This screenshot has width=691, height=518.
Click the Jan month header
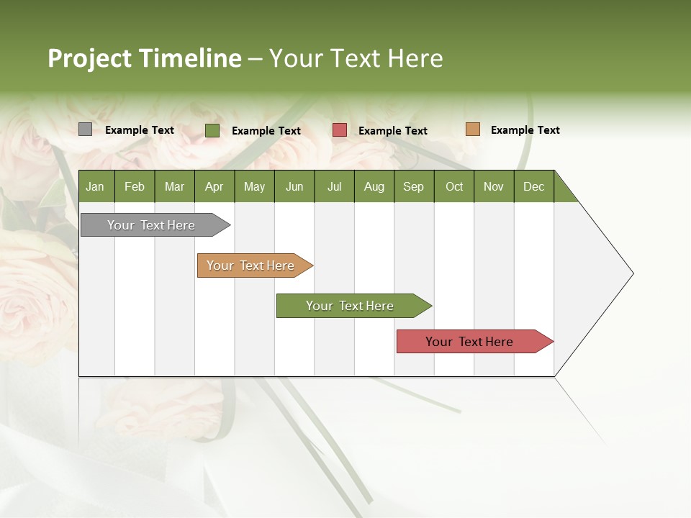click(95, 186)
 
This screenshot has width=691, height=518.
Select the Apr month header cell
click(214, 186)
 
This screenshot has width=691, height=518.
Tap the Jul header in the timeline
click(334, 186)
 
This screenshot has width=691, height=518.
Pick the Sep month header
click(413, 186)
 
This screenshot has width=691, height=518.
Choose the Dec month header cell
click(533, 186)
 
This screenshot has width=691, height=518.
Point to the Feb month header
click(135, 186)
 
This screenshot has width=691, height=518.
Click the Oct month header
click(454, 186)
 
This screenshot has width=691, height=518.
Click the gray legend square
click(85, 129)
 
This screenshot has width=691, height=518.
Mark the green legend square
click(212, 130)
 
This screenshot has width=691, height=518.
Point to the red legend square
click(340, 130)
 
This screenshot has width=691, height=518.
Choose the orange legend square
click(472, 129)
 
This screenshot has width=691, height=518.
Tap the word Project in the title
click(89, 58)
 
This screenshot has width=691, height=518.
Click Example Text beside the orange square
click(525, 130)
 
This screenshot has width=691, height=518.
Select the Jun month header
click(294, 186)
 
